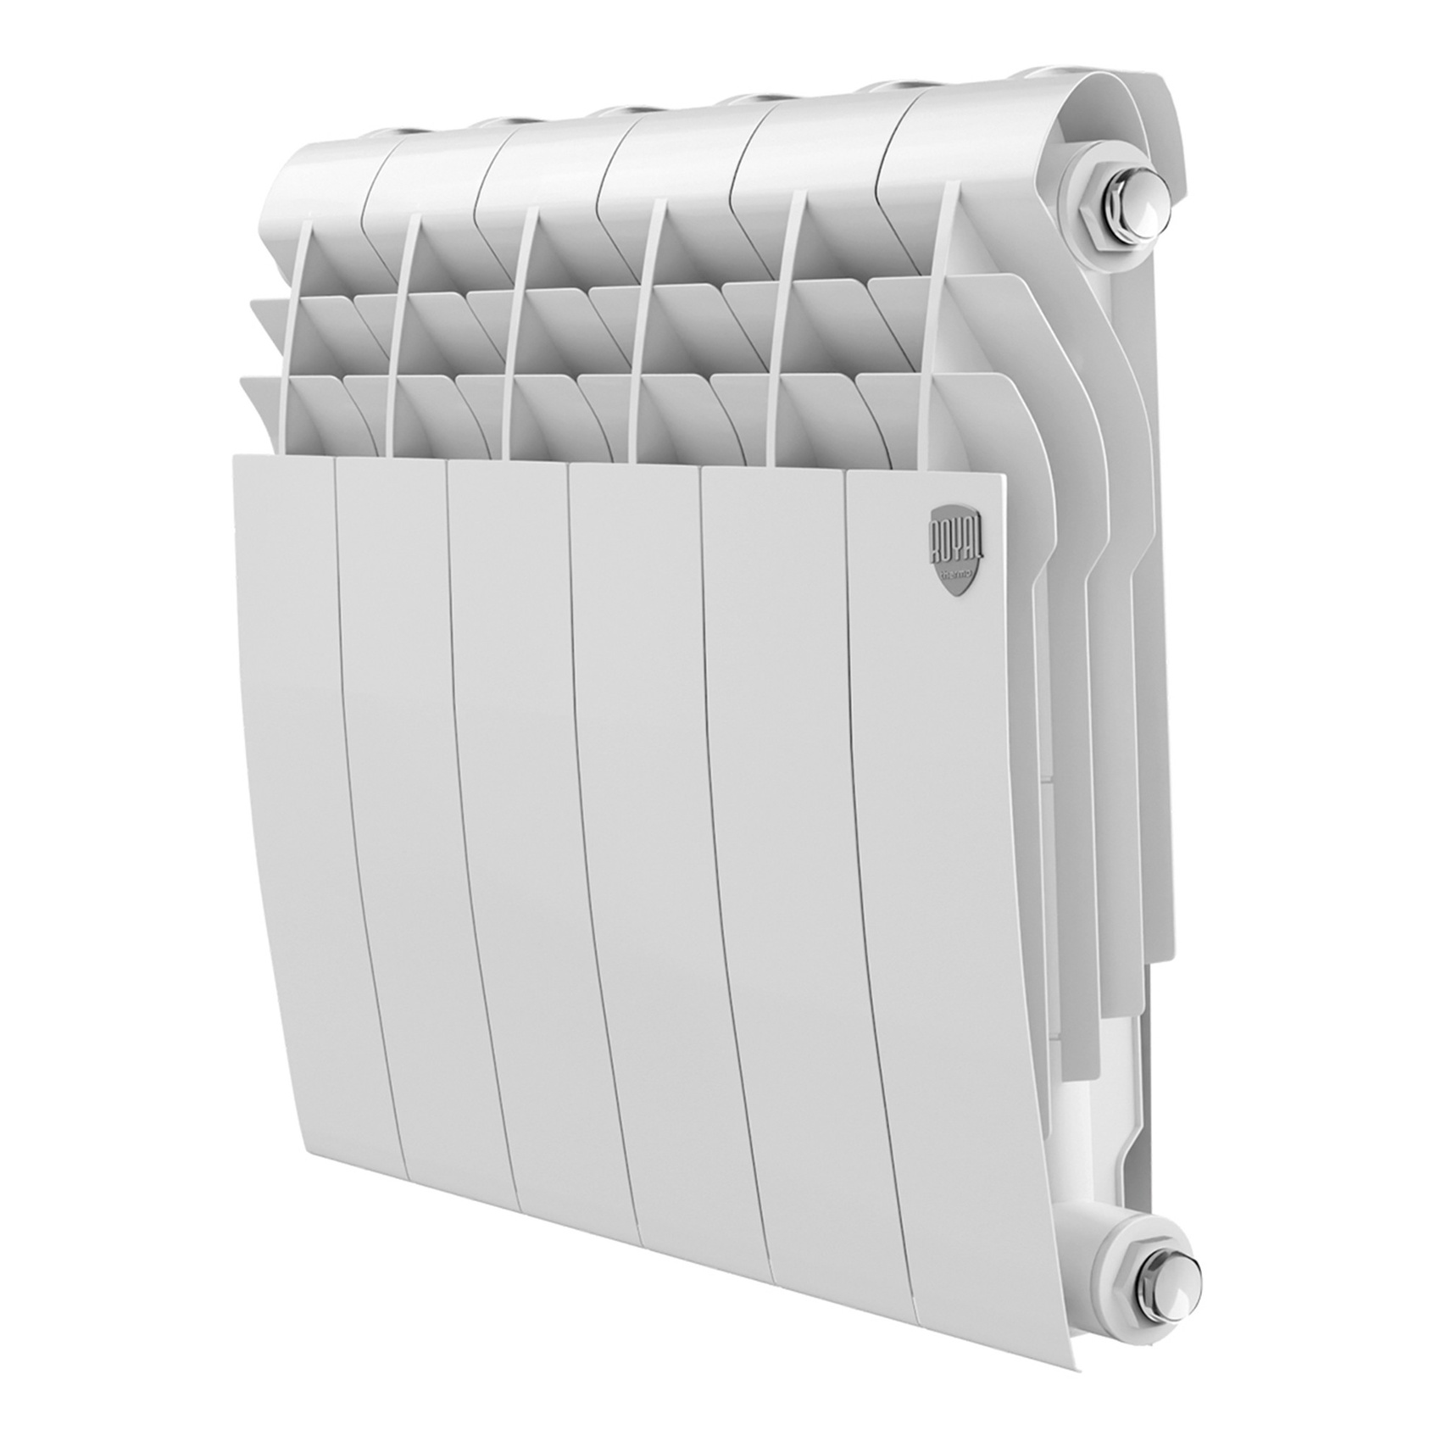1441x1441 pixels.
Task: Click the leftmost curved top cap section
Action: pyautogui.click(x=331, y=170)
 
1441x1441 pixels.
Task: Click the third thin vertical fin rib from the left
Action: pyautogui.click(x=516, y=339)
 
